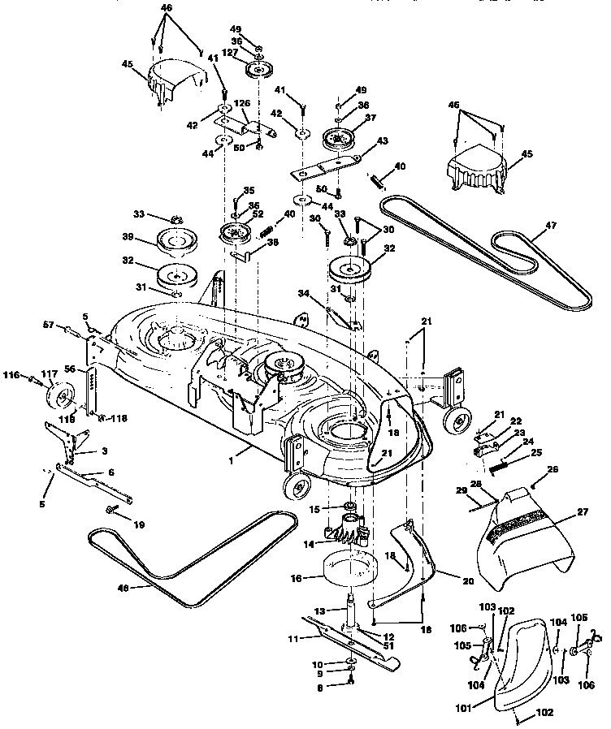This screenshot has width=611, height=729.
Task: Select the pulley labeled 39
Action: pos(179,242)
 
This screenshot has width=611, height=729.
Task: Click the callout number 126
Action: pos(240,103)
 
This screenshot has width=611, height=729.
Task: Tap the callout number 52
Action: pos(258,214)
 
